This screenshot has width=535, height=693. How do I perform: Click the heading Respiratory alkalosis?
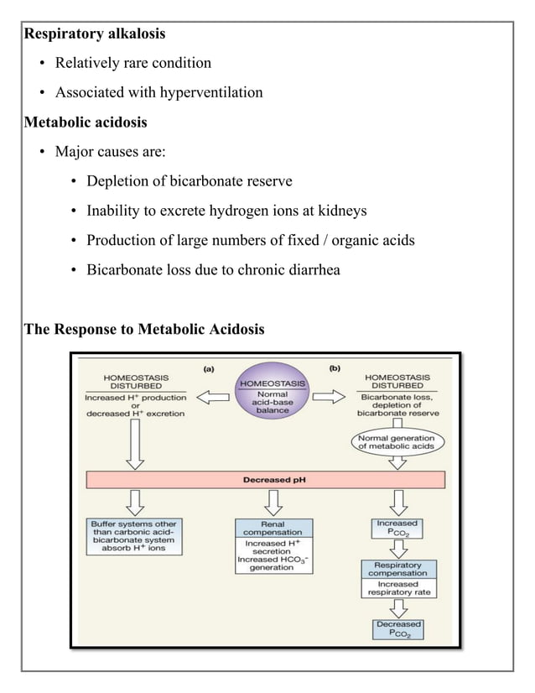click(95, 34)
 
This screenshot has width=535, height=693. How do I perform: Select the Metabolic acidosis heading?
click(86, 122)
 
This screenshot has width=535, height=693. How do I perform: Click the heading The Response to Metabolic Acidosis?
click(144, 329)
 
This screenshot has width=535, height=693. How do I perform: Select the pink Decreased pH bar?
click(265, 481)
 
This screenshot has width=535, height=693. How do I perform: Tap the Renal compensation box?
click(273, 547)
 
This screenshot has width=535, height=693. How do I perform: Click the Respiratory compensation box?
click(398, 578)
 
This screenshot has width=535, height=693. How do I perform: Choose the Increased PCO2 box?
click(397, 529)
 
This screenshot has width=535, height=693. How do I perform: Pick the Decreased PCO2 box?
click(398, 629)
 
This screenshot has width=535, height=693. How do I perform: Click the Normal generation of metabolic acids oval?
click(397, 442)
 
